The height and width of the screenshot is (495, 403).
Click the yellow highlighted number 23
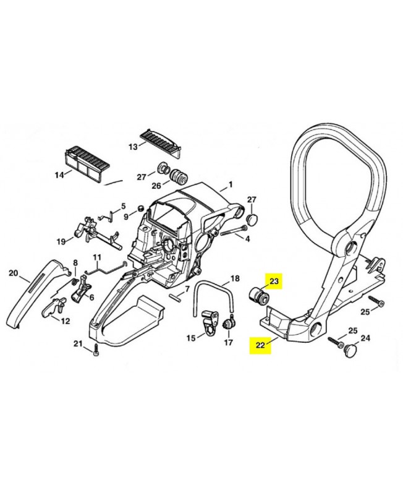tap(274, 281)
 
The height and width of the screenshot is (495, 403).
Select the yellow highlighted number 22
tap(260, 345)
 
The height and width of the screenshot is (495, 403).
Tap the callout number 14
tap(59, 174)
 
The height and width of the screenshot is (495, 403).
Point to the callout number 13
tap(133, 147)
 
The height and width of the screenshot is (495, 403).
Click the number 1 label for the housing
tap(231, 184)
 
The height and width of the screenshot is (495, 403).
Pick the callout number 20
tap(13, 272)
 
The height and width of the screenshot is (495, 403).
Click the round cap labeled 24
tap(349, 349)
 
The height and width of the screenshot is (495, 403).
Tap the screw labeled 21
tap(96, 352)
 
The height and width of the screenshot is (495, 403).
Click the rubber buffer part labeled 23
tap(258, 296)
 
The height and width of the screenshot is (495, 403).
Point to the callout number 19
tap(61, 241)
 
